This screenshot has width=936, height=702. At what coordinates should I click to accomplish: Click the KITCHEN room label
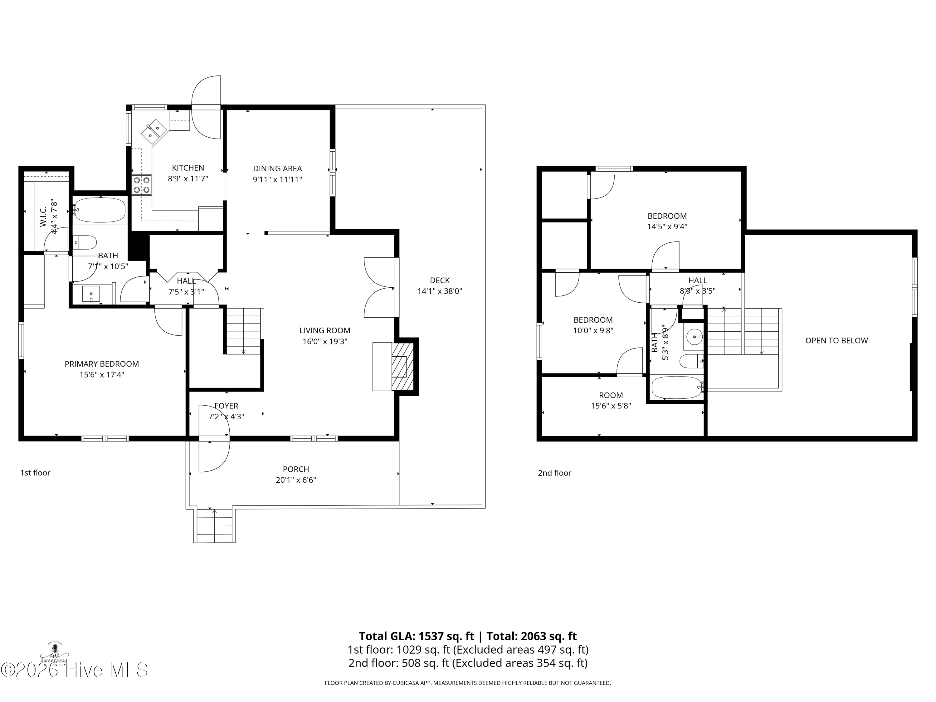[x=188, y=168]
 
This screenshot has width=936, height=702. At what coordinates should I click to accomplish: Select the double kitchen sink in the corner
[x=153, y=131]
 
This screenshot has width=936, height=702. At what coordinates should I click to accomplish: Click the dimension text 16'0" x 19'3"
[x=324, y=341]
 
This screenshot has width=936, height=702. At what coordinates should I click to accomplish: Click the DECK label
[x=440, y=280]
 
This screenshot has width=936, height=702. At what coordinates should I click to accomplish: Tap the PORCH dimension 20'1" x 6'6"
[x=296, y=480]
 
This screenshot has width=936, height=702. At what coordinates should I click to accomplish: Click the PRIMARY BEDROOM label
[x=101, y=364]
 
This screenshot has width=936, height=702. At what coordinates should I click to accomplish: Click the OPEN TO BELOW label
[x=836, y=341]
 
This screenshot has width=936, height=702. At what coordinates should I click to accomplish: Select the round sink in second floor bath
[x=694, y=338]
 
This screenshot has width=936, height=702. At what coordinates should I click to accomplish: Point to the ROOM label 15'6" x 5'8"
[x=611, y=395]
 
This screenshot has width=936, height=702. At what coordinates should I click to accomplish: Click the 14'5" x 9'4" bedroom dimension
[x=667, y=227]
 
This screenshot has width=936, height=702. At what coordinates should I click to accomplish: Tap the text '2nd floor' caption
[x=554, y=473]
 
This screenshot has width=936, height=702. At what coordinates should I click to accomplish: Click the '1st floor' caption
[x=35, y=473]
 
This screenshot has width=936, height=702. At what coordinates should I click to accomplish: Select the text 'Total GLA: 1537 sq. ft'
[x=417, y=636]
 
